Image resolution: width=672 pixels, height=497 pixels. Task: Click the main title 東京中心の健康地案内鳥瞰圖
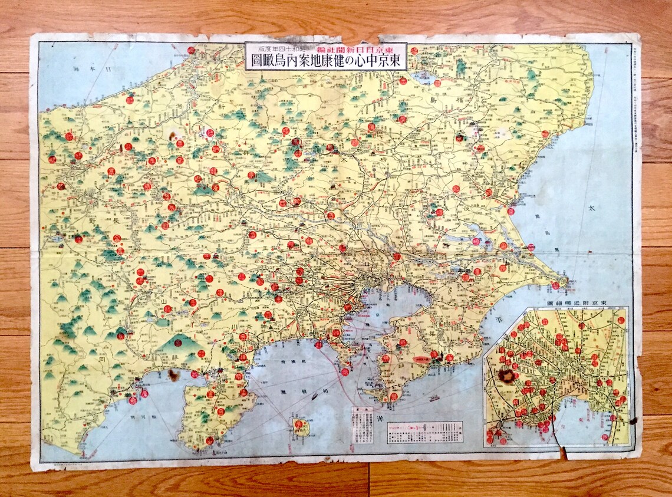tap(326, 61)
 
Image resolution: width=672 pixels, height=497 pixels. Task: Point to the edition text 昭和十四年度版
tap(280, 48)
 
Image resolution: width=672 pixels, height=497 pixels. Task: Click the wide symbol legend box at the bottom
tap(424, 432)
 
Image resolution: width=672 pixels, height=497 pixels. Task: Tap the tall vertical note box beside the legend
tap(360, 425)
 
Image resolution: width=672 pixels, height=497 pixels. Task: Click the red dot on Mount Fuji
tap(177, 343)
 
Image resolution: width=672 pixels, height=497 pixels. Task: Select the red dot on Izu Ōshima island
tap(298, 424)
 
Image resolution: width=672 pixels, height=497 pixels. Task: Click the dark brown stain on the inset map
tap(506, 376)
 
